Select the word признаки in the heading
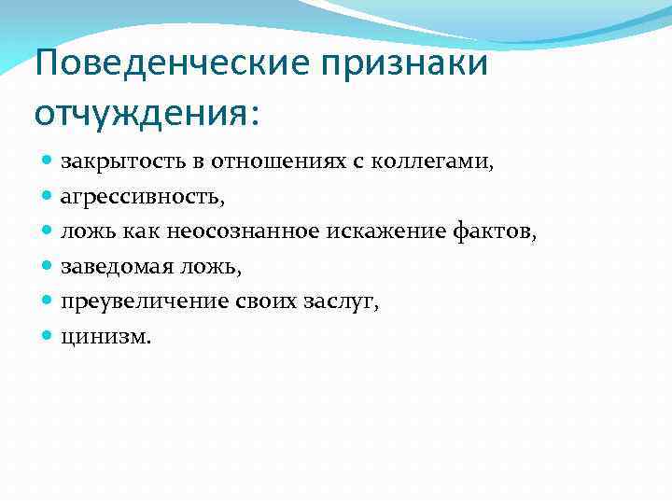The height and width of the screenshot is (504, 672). coord(404,65)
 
